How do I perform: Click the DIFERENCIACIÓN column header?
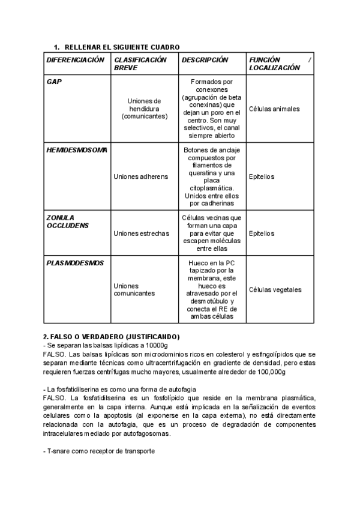click(75, 60)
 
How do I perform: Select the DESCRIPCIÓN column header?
click(205, 60)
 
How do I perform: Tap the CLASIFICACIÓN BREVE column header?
click(140, 64)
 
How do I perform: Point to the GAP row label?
click(54, 81)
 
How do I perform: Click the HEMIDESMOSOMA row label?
click(77, 149)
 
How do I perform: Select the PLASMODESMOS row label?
click(75, 263)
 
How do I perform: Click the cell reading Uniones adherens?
click(140, 177)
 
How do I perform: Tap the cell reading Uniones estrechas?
click(141, 233)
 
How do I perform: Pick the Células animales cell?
click(274, 109)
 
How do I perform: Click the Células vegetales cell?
click(275, 289)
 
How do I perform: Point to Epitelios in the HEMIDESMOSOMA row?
click(261, 177)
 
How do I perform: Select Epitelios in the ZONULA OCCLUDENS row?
click(261, 233)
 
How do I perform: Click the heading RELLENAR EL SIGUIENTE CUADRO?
click(121, 47)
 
